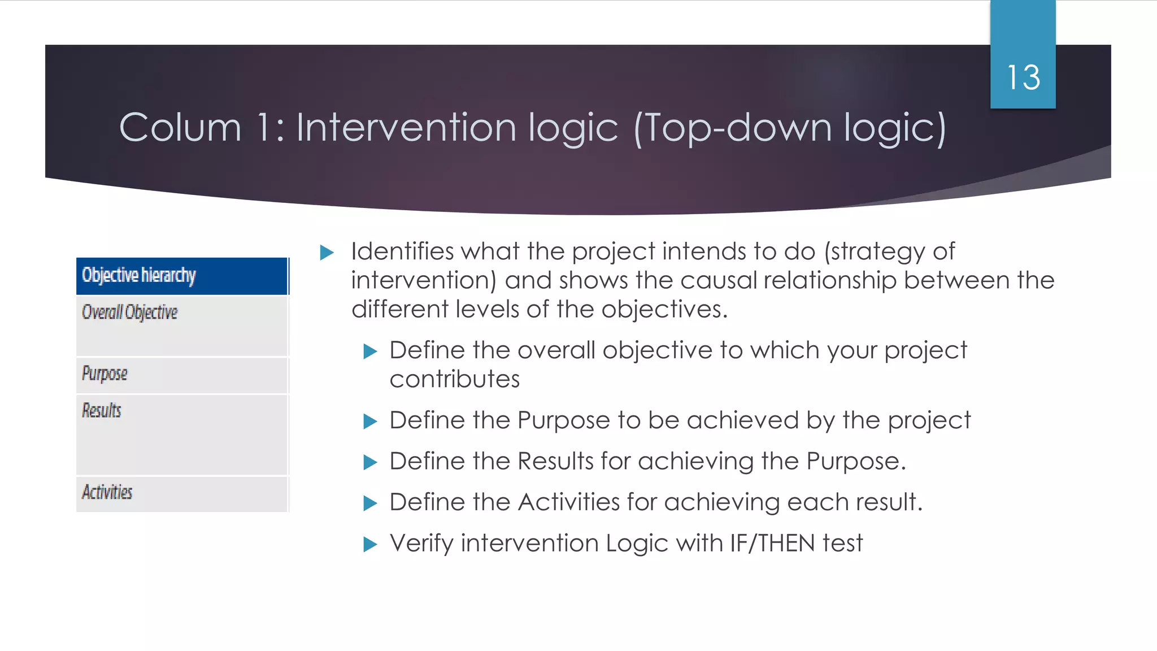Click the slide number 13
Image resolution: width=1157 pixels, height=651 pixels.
[x=1023, y=77]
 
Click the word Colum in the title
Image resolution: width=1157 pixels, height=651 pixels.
[x=180, y=127]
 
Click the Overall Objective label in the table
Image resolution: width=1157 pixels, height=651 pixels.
[x=129, y=312]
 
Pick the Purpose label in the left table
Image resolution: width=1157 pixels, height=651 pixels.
[x=105, y=374]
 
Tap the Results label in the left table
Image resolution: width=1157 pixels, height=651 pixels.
[x=102, y=410]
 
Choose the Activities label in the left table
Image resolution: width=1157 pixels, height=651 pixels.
[x=107, y=492]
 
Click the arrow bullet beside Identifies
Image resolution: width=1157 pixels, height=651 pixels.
[x=327, y=252]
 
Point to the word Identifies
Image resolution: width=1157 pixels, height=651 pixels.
[x=402, y=251]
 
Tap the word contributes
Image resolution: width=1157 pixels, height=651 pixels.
[x=454, y=379]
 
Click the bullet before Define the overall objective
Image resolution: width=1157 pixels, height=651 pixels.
[x=370, y=351]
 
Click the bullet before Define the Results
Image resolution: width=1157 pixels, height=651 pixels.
[x=370, y=462]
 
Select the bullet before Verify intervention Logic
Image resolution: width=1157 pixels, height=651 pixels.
[x=370, y=544]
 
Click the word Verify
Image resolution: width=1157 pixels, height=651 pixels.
[x=421, y=543]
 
